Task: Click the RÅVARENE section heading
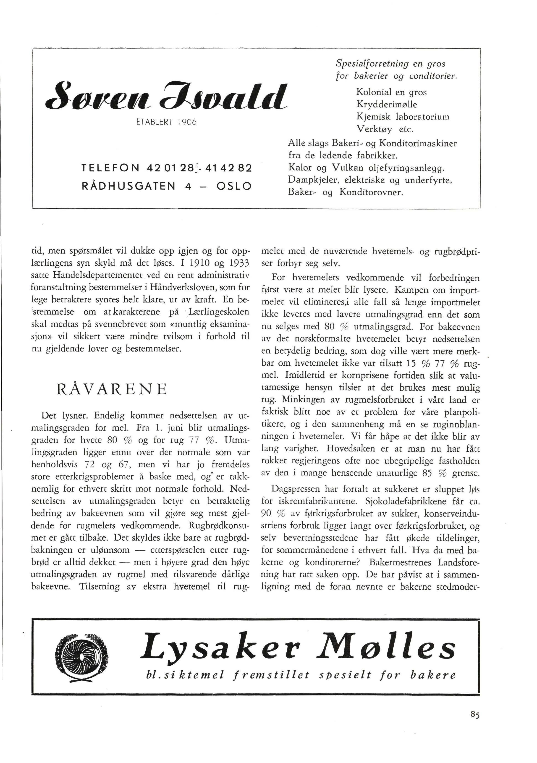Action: [112, 389]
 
